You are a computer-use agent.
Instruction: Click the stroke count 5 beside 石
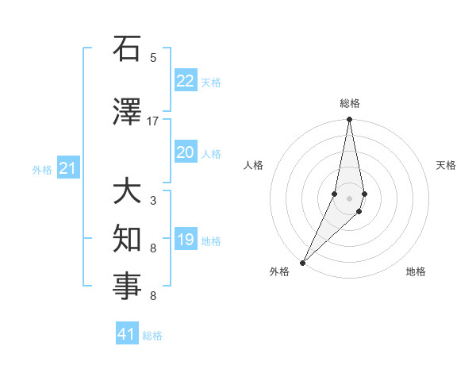pyautogui.click(x=153, y=58)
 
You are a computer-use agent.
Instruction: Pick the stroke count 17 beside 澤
pyautogui.click(x=153, y=121)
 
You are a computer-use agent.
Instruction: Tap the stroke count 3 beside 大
pyautogui.click(x=153, y=201)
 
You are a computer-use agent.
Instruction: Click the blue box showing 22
pyautogui.click(x=185, y=81)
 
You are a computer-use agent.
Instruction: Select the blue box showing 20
pyautogui.click(x=185, y=152)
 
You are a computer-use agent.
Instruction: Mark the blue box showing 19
pyautogui.click(x=185, y=240)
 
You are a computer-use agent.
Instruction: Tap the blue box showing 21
pyautogui.click(x=67, y=168)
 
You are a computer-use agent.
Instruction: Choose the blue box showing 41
pyautogui.click(x=127, y=334)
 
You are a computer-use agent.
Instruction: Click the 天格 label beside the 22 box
pyautogui.click(x=211, y=82)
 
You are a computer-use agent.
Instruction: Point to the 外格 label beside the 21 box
pyautogui.click(x=42, y=169)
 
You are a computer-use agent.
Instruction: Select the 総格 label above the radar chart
pyautogui.click(x=349, y=103)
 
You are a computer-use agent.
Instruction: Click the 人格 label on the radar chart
pyautogui.click(x=254, y=165)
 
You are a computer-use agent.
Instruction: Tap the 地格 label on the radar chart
pyautogui.click(x=416, y=272)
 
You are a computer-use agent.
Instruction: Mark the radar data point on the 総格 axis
pyautogui.click(x=349, y=120)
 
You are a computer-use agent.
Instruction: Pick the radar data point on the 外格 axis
pyautogui.click(x=303, y=262)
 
